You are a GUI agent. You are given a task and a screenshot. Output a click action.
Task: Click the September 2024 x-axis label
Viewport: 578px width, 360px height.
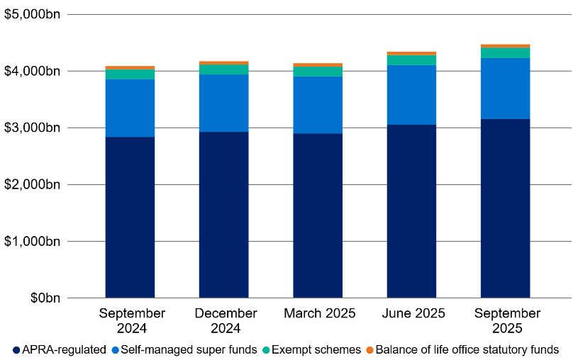[132, 320]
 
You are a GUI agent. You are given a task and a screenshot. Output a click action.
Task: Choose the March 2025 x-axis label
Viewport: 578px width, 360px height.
[318, 313]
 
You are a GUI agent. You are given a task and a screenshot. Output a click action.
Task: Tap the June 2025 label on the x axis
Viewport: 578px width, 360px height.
[411, 313]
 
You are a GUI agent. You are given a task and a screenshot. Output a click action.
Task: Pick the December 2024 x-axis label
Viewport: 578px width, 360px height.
[225, 320]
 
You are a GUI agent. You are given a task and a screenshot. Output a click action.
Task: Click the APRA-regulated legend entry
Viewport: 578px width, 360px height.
[60, 349]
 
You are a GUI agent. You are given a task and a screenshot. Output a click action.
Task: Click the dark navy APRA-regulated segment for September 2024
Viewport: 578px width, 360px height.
[130, 217]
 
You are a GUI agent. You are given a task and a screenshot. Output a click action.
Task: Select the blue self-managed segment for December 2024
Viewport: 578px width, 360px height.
[224, 103]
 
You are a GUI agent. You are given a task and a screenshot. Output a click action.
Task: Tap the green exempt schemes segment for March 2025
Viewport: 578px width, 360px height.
[318, 71]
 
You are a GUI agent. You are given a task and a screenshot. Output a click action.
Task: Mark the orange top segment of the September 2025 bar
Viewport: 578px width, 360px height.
[505, 46]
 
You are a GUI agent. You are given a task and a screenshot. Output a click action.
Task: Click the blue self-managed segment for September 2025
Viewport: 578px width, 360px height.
[505, 88]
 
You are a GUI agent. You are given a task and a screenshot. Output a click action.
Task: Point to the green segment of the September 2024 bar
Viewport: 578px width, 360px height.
[130, 74]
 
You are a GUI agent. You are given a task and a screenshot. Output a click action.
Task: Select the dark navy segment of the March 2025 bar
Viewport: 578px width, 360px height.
[318, 215]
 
